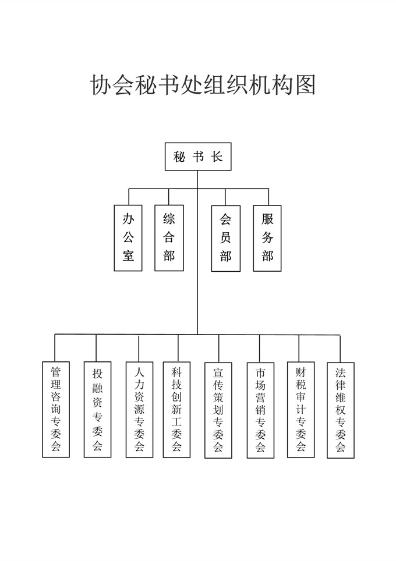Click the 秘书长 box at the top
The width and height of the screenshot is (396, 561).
point(197,157)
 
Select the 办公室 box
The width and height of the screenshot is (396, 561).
point(128,238)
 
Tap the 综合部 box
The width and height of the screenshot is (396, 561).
point(169,238)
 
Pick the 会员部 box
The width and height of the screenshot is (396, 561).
point(225,238)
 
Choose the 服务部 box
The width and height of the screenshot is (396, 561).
point(267,238)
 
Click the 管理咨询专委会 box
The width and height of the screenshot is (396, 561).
point(56,409)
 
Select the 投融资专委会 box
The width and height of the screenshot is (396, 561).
point(97,409)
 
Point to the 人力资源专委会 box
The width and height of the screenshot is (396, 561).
point(139,410)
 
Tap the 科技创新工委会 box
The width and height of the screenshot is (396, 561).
point(176,410)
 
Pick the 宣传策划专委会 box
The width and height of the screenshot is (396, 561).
point(218,410)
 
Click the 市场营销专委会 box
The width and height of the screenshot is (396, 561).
point(260,410)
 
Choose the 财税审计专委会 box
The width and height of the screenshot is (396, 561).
point(300,410)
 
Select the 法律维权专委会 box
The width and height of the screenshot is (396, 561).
point(341,410)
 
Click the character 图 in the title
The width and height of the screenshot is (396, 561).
point(305,85)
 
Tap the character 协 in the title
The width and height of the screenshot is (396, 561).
point(100,85)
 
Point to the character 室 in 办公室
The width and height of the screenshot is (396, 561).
point(128,255)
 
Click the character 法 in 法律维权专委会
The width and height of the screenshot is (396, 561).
point(341,372)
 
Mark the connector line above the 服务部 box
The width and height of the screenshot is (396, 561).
point(268,197)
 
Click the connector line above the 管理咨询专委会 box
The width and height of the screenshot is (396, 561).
point(55,348)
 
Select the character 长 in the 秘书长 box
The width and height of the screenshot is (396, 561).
point(217,157)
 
